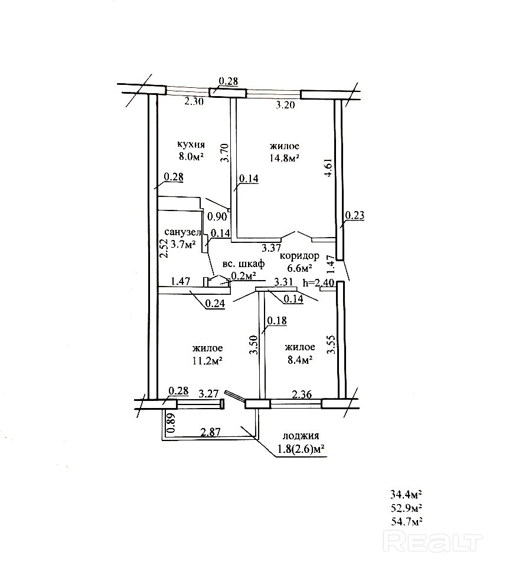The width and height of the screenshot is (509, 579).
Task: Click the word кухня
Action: coord(191,144)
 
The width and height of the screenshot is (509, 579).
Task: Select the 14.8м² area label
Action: coord(285,158)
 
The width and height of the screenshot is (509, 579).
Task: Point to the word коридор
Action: coord(299,256)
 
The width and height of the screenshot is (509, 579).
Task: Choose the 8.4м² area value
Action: coord(298,360)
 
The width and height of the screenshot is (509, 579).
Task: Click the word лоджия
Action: coord(301,436)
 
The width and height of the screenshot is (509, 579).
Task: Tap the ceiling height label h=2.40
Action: coord(318,283)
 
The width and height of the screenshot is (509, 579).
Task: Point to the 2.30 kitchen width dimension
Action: coord(194,101)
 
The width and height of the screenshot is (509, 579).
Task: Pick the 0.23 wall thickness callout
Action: coord(355,216)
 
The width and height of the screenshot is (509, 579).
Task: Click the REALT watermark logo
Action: coord(434,540)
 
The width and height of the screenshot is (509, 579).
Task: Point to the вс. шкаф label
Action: coord(243,265)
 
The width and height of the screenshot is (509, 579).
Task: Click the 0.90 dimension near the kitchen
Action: coord(218,216)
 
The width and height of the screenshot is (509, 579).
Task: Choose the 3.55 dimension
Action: coord(332,344)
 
